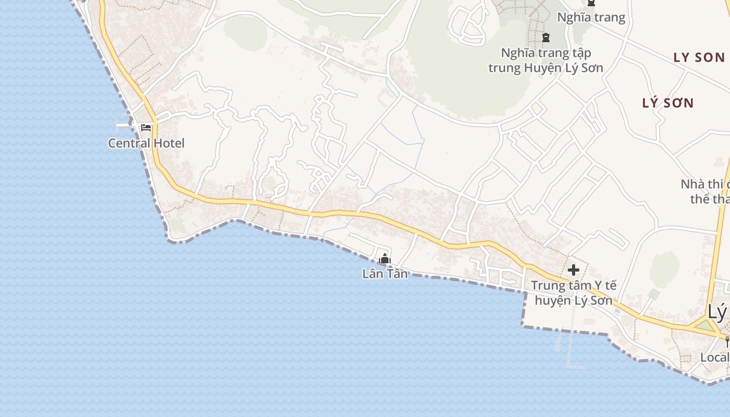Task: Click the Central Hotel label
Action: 146,143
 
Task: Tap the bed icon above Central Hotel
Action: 146,127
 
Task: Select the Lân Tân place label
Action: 385,273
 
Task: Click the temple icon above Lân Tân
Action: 385,258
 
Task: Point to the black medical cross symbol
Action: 573,270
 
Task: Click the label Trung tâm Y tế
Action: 574,286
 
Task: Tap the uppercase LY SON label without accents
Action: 699,57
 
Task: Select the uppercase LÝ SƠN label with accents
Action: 668,103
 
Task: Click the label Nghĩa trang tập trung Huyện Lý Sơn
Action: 546,60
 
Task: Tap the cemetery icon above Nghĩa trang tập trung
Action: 546,38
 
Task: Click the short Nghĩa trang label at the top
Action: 591,17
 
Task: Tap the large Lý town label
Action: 717,312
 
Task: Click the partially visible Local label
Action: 714,358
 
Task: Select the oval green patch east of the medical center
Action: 665,269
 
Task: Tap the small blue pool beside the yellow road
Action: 617,311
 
